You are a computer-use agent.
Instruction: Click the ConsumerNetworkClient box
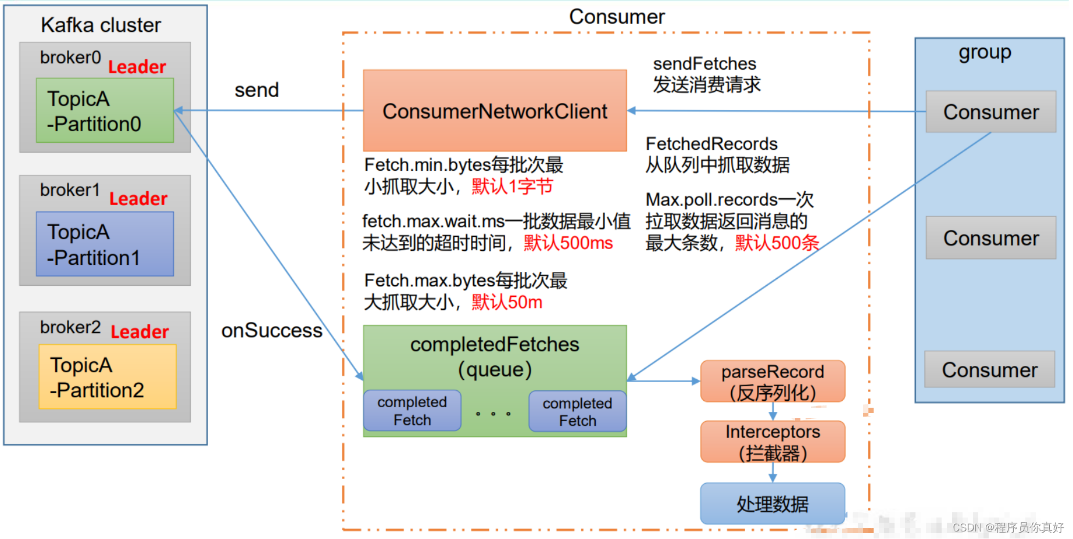pos(495,111)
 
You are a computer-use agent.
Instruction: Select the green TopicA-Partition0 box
pos(105,111)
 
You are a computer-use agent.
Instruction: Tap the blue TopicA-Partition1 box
pos(105,244)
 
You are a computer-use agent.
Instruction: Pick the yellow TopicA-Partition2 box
pos(108,377)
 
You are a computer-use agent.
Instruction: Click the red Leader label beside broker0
pos(137,67)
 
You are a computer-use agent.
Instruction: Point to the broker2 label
pos(70,327)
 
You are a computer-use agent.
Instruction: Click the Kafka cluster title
pos(101,25)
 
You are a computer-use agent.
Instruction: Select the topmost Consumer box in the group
pos(990,112)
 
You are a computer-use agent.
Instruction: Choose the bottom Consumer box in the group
pos(989,369)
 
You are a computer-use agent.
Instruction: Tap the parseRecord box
pos(772,382)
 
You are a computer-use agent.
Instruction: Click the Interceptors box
pos(772,442)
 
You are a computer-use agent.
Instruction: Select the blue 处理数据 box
pos(772,504)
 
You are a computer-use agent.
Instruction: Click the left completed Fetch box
pos(412,411)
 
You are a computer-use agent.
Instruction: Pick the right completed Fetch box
pos(577,412)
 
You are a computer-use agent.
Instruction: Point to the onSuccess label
pos(271,330)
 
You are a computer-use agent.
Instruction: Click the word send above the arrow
pos(256,90)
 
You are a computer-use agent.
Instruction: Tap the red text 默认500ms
pos(568,243)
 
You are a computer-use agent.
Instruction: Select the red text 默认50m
pos(507,302)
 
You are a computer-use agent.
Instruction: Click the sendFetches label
pos(704,63)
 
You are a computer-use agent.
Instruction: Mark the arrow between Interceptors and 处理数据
pos(772,473)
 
